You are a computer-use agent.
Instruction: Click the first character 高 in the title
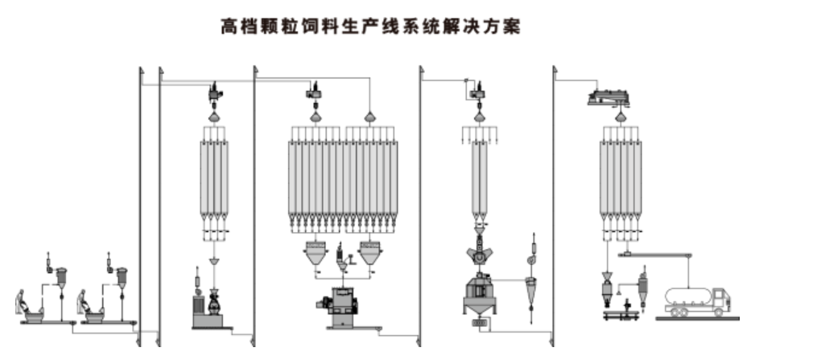coord(229,26)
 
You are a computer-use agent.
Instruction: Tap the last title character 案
coord(512,26)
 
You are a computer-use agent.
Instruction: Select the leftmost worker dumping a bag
coord(22,302)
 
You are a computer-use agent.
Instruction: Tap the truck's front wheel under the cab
coord(719,312)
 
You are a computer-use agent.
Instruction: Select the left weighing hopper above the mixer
coord(316,252)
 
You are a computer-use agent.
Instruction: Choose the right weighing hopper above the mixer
coord(370,252)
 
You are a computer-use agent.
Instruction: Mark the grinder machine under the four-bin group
coord(213,303)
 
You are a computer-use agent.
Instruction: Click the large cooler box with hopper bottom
coord(480,293)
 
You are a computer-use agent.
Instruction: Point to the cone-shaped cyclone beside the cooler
coord(531,290)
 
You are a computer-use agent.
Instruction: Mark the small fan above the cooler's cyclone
coord(531,259)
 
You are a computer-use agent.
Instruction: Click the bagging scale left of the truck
coord(608,293)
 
